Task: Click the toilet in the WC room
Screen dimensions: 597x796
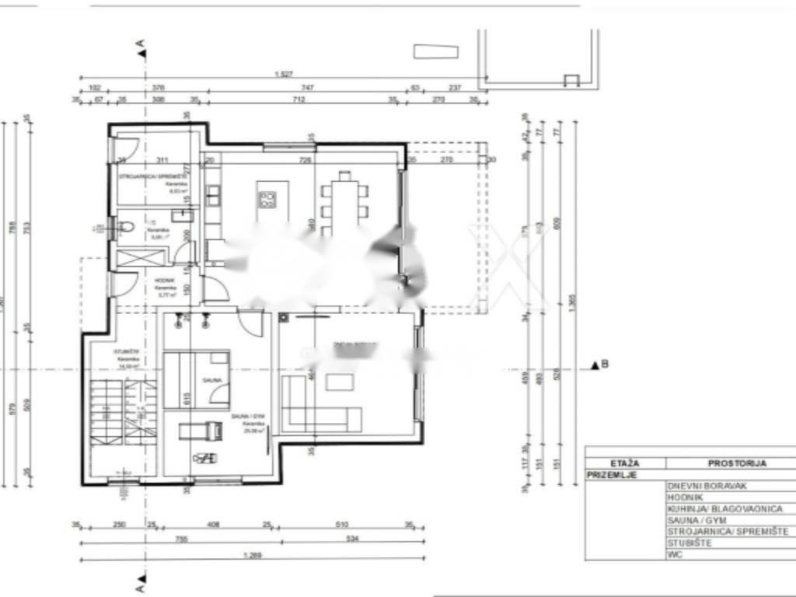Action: [x=126, y=227]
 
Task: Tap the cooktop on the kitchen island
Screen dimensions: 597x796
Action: [x=268, y=200]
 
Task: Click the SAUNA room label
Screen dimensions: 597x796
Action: [x=212, y=380]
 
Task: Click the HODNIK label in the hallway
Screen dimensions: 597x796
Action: [x=166, y=281]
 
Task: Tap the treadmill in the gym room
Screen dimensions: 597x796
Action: [x=199, y=430]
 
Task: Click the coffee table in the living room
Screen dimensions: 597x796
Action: [x=340, y=382]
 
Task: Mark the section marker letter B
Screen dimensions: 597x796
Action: [x=605, y=364]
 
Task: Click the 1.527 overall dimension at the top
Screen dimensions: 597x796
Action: [x=284, y=75]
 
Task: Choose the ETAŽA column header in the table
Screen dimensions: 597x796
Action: [x=625, y=463]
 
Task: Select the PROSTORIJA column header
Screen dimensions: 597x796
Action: [x=737, y=463]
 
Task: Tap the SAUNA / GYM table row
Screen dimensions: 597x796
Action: [x=694, y=520]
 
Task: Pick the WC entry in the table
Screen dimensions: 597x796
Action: [x=675, y=555]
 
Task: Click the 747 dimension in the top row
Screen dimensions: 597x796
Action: [x=308, y=88]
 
